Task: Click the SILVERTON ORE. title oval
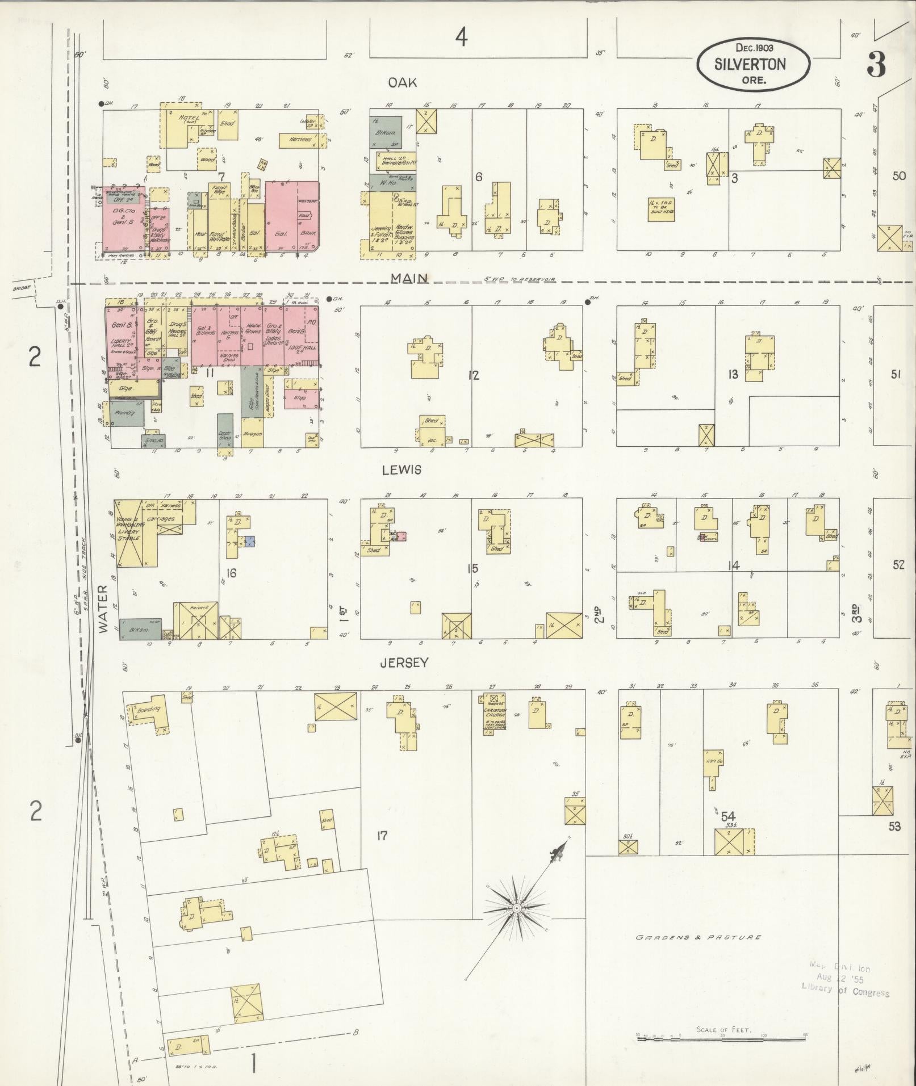(x=754, y=64)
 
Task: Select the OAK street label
(x=402, y=83)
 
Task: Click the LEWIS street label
(x=401, y=470)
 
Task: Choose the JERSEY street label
(x=404, y=662)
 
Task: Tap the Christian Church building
(x=495, y=714)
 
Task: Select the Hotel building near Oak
(x=187, y=126)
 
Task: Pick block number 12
(x=474, y=375)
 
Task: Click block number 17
(x=382, y=835)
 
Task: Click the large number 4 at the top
(x=461, y=37)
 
